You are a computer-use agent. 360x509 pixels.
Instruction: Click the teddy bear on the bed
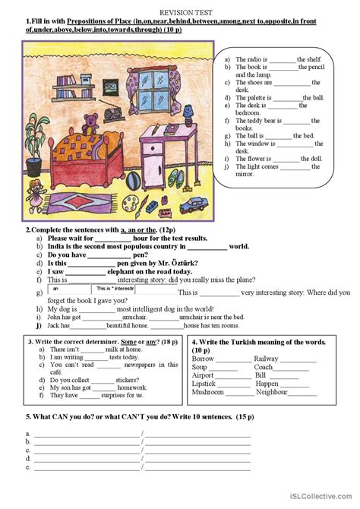click(92, 121)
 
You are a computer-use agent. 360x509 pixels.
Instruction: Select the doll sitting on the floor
click(34, 191)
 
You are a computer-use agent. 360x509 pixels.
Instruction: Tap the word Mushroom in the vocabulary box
click(208, 392)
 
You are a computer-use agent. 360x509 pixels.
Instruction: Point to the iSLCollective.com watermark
click(322, 498)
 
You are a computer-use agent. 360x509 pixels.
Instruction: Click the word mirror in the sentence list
click(245, 174)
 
